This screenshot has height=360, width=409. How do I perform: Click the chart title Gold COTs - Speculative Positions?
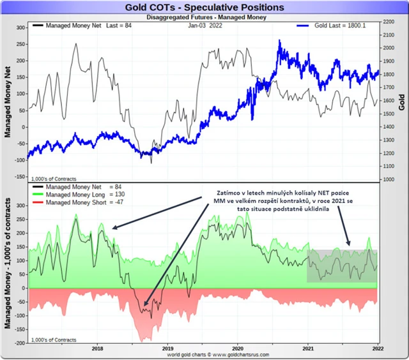pyautogui.click(x=204, y=6)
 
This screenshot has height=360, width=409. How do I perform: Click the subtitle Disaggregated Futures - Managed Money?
pyautogui.click(x=204, y=17)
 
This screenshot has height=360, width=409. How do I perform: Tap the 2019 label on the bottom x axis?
pyautogui.click(x=168, y=349)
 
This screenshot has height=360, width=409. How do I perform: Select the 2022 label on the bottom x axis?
pyautogui.click(x=378, y=349)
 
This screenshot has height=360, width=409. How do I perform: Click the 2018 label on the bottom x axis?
pyautogui.click(x=98, y=349)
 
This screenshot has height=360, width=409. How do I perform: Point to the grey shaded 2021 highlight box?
pyautogui.click(x=342, y=266)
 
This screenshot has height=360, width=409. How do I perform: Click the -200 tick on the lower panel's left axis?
pyautogui.click(x=19, y=343)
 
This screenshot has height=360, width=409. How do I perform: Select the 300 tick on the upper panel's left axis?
pyautogui.click(x=19, y=27)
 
